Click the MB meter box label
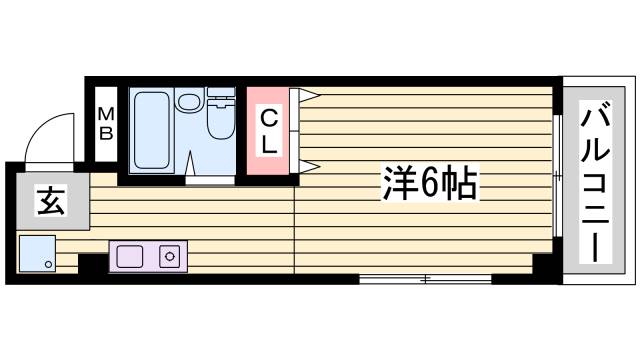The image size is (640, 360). coord(105,125)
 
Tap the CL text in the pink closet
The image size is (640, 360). coord(270,131)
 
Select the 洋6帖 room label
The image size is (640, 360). coord(428,183)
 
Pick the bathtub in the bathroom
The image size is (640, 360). coord(152,131)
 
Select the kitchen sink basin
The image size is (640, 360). coord(130,256)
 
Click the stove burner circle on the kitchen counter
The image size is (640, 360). coord(168,256)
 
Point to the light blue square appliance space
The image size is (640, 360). coord(36,255)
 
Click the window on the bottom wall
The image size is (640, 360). coord(425,279)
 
